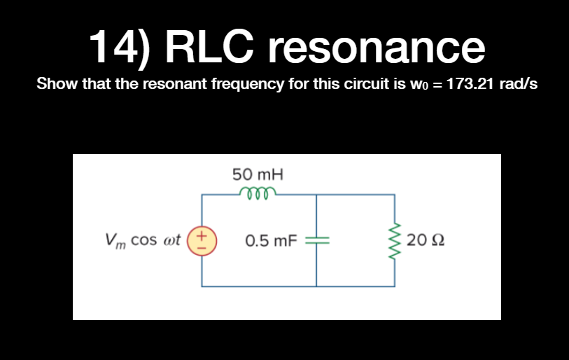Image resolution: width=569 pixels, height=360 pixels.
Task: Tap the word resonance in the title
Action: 375,46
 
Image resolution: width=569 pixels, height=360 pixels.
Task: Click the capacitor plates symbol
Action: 316,240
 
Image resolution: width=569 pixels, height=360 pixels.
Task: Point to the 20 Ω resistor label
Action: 426,241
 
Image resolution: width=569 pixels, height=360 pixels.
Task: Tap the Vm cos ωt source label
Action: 142,240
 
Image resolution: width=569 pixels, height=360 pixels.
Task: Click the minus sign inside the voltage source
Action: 203,247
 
